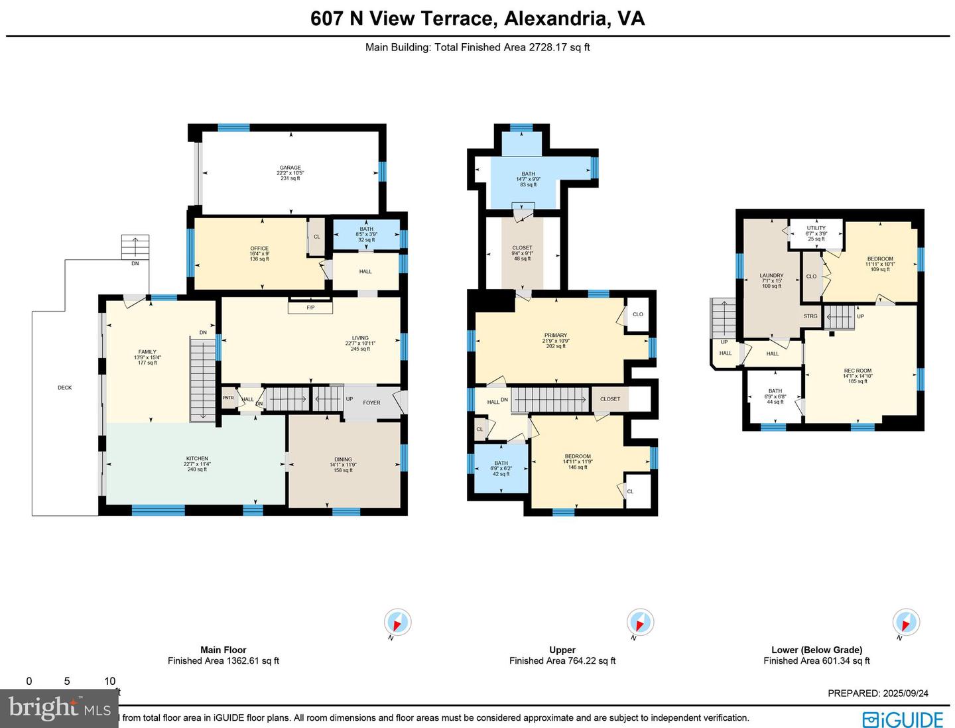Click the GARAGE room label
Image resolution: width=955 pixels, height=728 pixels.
[x=290, y=168]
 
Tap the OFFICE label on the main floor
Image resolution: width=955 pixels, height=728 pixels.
[x=259, y=249]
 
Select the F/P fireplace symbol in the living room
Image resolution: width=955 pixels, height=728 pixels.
[x=310, y=308]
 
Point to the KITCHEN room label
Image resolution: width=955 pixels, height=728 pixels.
[x=197, y=459]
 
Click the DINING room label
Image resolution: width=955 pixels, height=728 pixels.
[x=343, y=459]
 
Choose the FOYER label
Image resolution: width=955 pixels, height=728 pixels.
[x=371, y=402]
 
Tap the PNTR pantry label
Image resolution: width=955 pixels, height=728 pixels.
[x=228, y=398]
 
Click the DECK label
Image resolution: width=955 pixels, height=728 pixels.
[x=64, y=388]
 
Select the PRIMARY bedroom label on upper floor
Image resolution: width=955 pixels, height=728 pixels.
[x=556, y=335]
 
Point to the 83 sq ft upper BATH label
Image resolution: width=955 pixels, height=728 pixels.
[x=528, y=174]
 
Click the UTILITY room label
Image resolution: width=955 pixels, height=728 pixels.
[x=816, y=228]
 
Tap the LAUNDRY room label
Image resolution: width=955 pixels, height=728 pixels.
[x=771, y=276]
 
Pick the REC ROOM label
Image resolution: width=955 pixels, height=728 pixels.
[x=858, y=371]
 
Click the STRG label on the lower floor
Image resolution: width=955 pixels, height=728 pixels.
[x=810, y=316]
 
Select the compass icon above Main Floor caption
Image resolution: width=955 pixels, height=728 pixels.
[x=397, y=623]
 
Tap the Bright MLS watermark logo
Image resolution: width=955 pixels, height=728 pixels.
[x=60, y=708]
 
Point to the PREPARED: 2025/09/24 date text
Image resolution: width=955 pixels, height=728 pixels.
[x=878, y=694]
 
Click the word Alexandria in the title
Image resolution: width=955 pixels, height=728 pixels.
[x=556, y=19]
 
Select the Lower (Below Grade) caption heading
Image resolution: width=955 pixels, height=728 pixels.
[x=816, y=650]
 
